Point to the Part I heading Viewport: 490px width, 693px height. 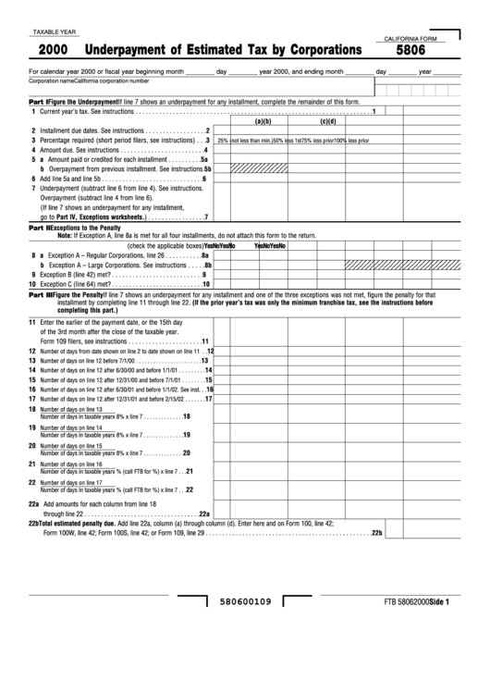[x=37, y=100]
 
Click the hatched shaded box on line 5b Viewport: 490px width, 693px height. [x=249, y=169]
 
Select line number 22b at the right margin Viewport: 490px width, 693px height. [x=375, y=534]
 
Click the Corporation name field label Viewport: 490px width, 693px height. [x=52, y=81]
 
